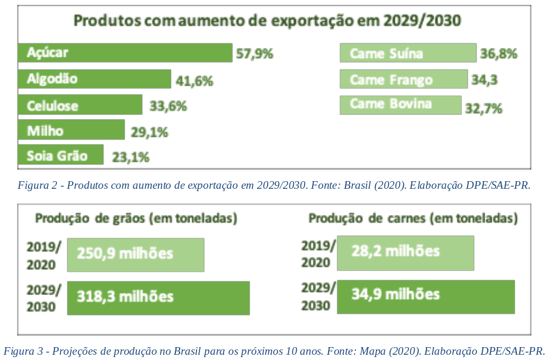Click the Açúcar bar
coord(125,53)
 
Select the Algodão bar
coord(94,79)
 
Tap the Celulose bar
coord(80,106)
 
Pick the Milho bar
coord(71,131)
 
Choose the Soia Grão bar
coord(60,155)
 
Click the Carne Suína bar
coord(408,53)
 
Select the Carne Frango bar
coord(404,79)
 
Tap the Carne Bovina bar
coord(400,104)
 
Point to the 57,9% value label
coord(255,54)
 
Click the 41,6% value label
coord(194,81)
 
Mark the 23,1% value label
coord(128,157)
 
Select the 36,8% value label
coord(498,54)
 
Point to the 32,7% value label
coord(483,108)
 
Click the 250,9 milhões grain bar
coord(136,254)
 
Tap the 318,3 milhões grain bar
coord(158,297)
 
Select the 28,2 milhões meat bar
coord(405,253)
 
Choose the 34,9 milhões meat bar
coord(425,296)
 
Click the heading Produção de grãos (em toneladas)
coord(136,219)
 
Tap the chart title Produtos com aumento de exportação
coord(267,21)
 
